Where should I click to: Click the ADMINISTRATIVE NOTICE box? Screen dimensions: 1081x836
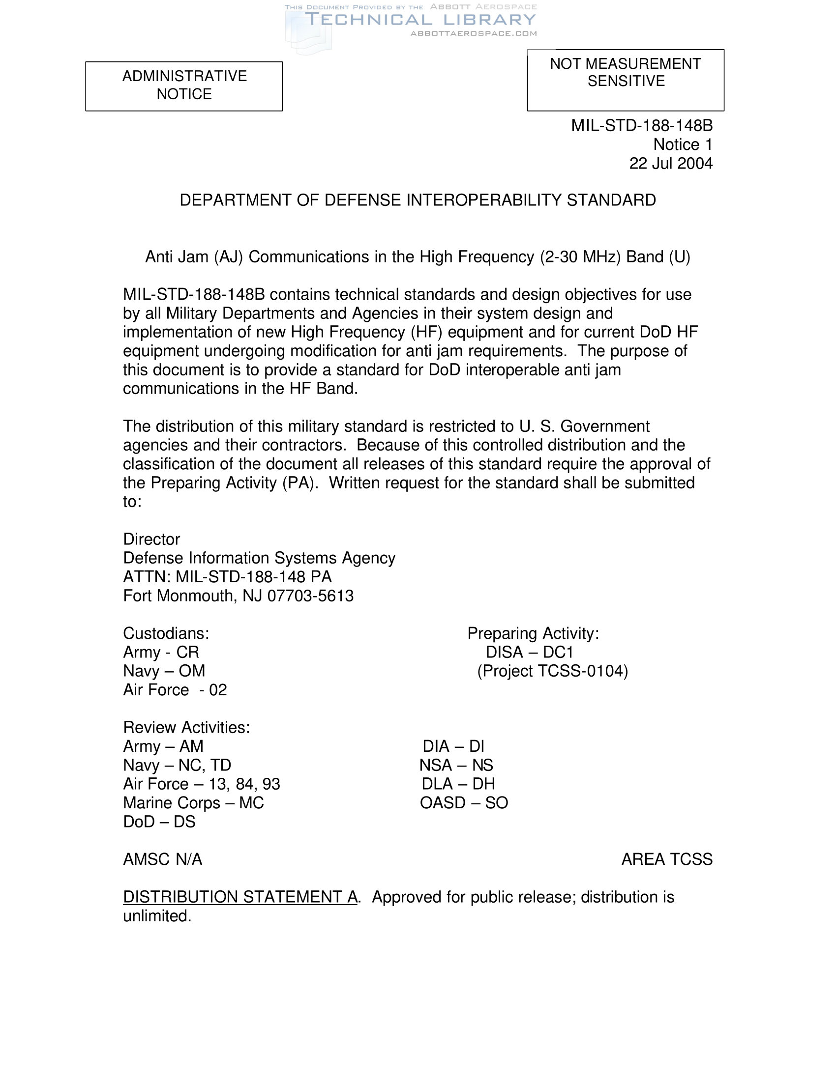tap(184, 85)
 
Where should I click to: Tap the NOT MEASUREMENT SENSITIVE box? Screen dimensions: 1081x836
tap(625, 80)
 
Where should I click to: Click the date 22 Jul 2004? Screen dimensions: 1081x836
tap(671, 163)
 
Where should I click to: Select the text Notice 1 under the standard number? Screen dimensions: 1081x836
tap(683, 144)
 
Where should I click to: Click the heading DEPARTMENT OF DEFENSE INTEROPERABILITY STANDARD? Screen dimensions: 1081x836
tap(418, 200)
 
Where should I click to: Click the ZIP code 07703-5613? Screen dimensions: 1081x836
tap(310, 596)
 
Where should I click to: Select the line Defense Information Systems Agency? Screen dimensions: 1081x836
tap(259, 558)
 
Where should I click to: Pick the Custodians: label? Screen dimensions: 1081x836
tap(166, 633)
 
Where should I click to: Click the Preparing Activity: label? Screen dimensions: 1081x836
tap(533, 633)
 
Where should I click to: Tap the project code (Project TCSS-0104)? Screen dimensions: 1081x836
tap(552, 671)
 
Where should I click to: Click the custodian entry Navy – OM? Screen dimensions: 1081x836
tap(164, 671)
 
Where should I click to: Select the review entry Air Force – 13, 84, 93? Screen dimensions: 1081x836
tap(202, 784)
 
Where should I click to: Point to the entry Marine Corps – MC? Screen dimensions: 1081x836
tap(193, 802)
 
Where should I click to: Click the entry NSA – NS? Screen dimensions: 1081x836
tap(456, 765)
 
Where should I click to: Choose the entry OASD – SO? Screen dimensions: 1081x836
tap(464, 802)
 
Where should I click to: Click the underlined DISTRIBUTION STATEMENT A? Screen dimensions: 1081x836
tap(240, 896)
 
